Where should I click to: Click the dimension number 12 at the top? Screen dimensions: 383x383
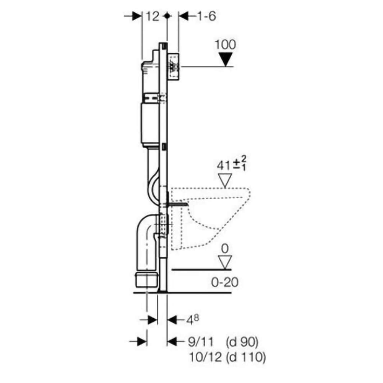pyautogui.click(x=152, y=16)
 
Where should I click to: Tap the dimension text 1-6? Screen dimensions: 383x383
pyautogui.click(x=206, y=16)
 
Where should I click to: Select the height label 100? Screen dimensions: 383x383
pyautogui.click(x=226, y=44)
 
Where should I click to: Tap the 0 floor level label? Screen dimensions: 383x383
pyautogui.click(x=225, y=249)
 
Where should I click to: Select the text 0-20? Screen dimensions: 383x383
pyautogui.click(x=225, y=283)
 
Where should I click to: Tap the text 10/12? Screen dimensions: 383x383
pyautogui.click(x=205, y=358)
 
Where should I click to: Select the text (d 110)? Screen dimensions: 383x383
pyautogui.click(x=245, y=358)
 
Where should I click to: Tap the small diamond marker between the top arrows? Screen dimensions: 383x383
pyautogui.click(x=166, y=16)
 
